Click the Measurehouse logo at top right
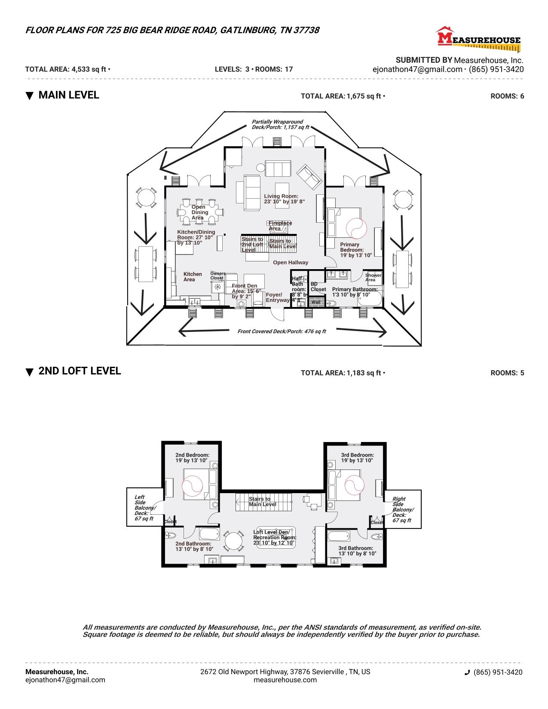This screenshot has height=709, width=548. (x=478, y=37)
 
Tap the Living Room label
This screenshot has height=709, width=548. (x=284, y=199)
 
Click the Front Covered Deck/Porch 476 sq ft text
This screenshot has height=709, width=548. (x=282, y=331)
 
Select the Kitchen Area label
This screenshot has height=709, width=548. (x=192, y=277)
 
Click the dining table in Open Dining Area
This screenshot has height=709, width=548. (x=200, y=212)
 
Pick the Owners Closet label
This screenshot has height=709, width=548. (x=217, y=276)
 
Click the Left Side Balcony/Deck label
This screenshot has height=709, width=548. (x=144, y=508)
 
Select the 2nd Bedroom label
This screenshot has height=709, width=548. (x=192, y=457)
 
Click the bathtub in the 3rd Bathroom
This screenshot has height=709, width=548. (x=339, y=537)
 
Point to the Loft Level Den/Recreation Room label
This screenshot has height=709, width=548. (x=275, y=537)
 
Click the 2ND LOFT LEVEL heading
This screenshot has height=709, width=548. (x=80, y=371)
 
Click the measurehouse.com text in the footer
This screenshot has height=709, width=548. (x=285, y=680)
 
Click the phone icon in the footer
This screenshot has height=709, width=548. (x=467, y=672)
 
